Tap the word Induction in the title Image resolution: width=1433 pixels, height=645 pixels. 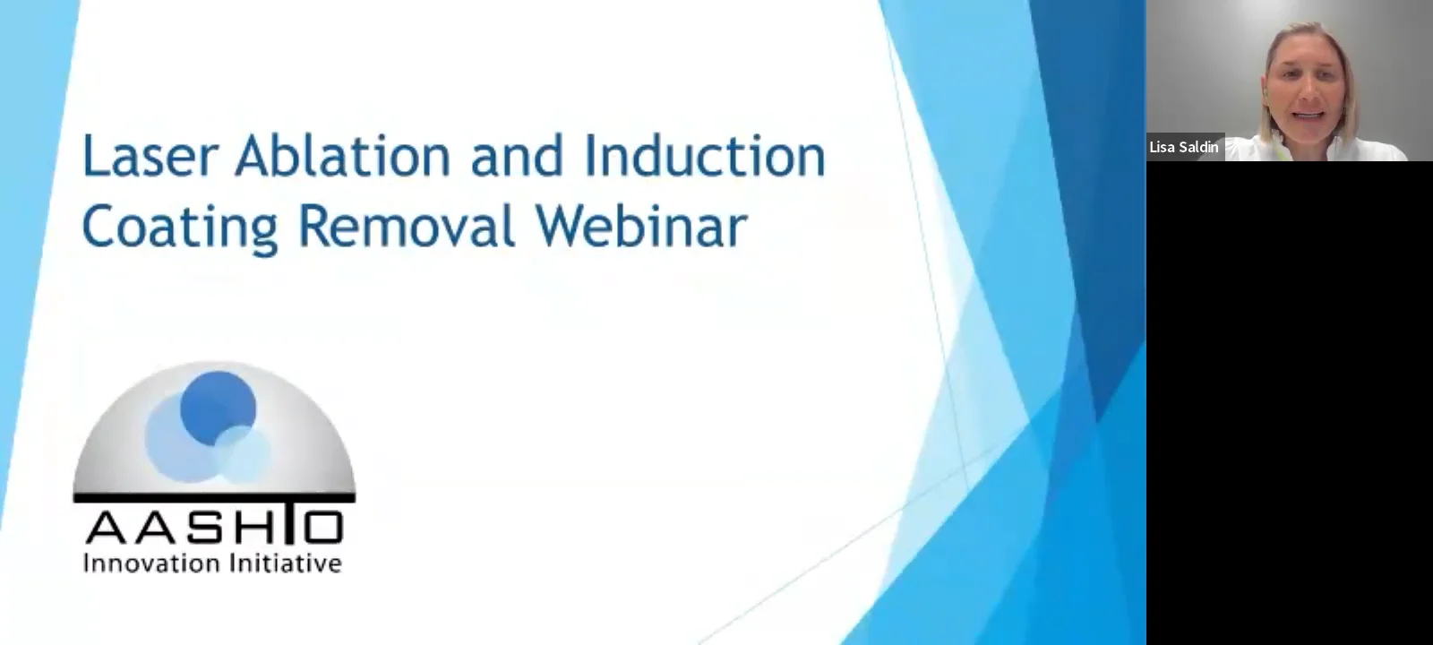(704, 156)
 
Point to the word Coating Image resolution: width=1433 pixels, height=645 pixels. (180, 226)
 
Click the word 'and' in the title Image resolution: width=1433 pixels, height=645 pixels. (517, 156)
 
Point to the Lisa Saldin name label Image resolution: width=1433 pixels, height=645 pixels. (1184, 147)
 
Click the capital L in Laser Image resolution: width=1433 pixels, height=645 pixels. (93, 156)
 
